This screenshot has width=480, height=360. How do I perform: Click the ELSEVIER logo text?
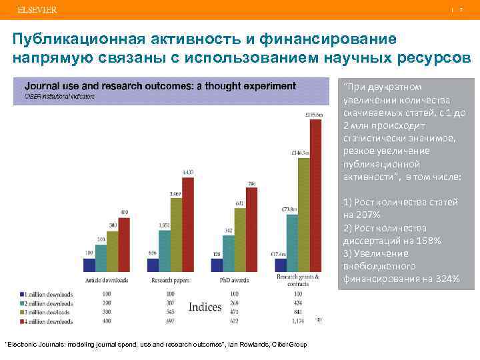click(x=37, y=10)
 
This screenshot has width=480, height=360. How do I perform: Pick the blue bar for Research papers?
click(x=153, y=265)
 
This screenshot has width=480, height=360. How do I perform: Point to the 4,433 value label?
click(x=187, y=172)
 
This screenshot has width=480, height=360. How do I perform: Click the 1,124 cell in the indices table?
click(x=297, y=321)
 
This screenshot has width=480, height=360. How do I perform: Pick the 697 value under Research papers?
click(x=169, y=321)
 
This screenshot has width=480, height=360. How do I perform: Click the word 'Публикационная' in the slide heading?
click(x=71, y=40)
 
